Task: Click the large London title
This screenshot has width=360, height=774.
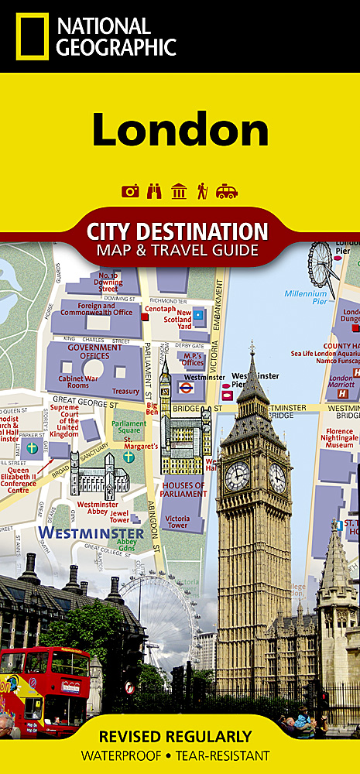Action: pos(180,129)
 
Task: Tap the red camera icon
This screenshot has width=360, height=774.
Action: pos(131,191)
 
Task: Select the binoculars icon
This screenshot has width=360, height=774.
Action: pos(155,191)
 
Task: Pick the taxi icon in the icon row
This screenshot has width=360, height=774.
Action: pos(227,191)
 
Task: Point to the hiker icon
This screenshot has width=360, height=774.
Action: pos(203,191)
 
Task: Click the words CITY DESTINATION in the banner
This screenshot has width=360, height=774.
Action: pos(178,231)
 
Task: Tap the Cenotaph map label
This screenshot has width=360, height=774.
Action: pos(160,307)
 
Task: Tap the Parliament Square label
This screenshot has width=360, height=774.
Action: pos(129,428)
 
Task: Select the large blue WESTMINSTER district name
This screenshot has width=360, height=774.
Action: pos(91,533)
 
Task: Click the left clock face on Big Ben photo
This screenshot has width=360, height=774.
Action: pos(237,475)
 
